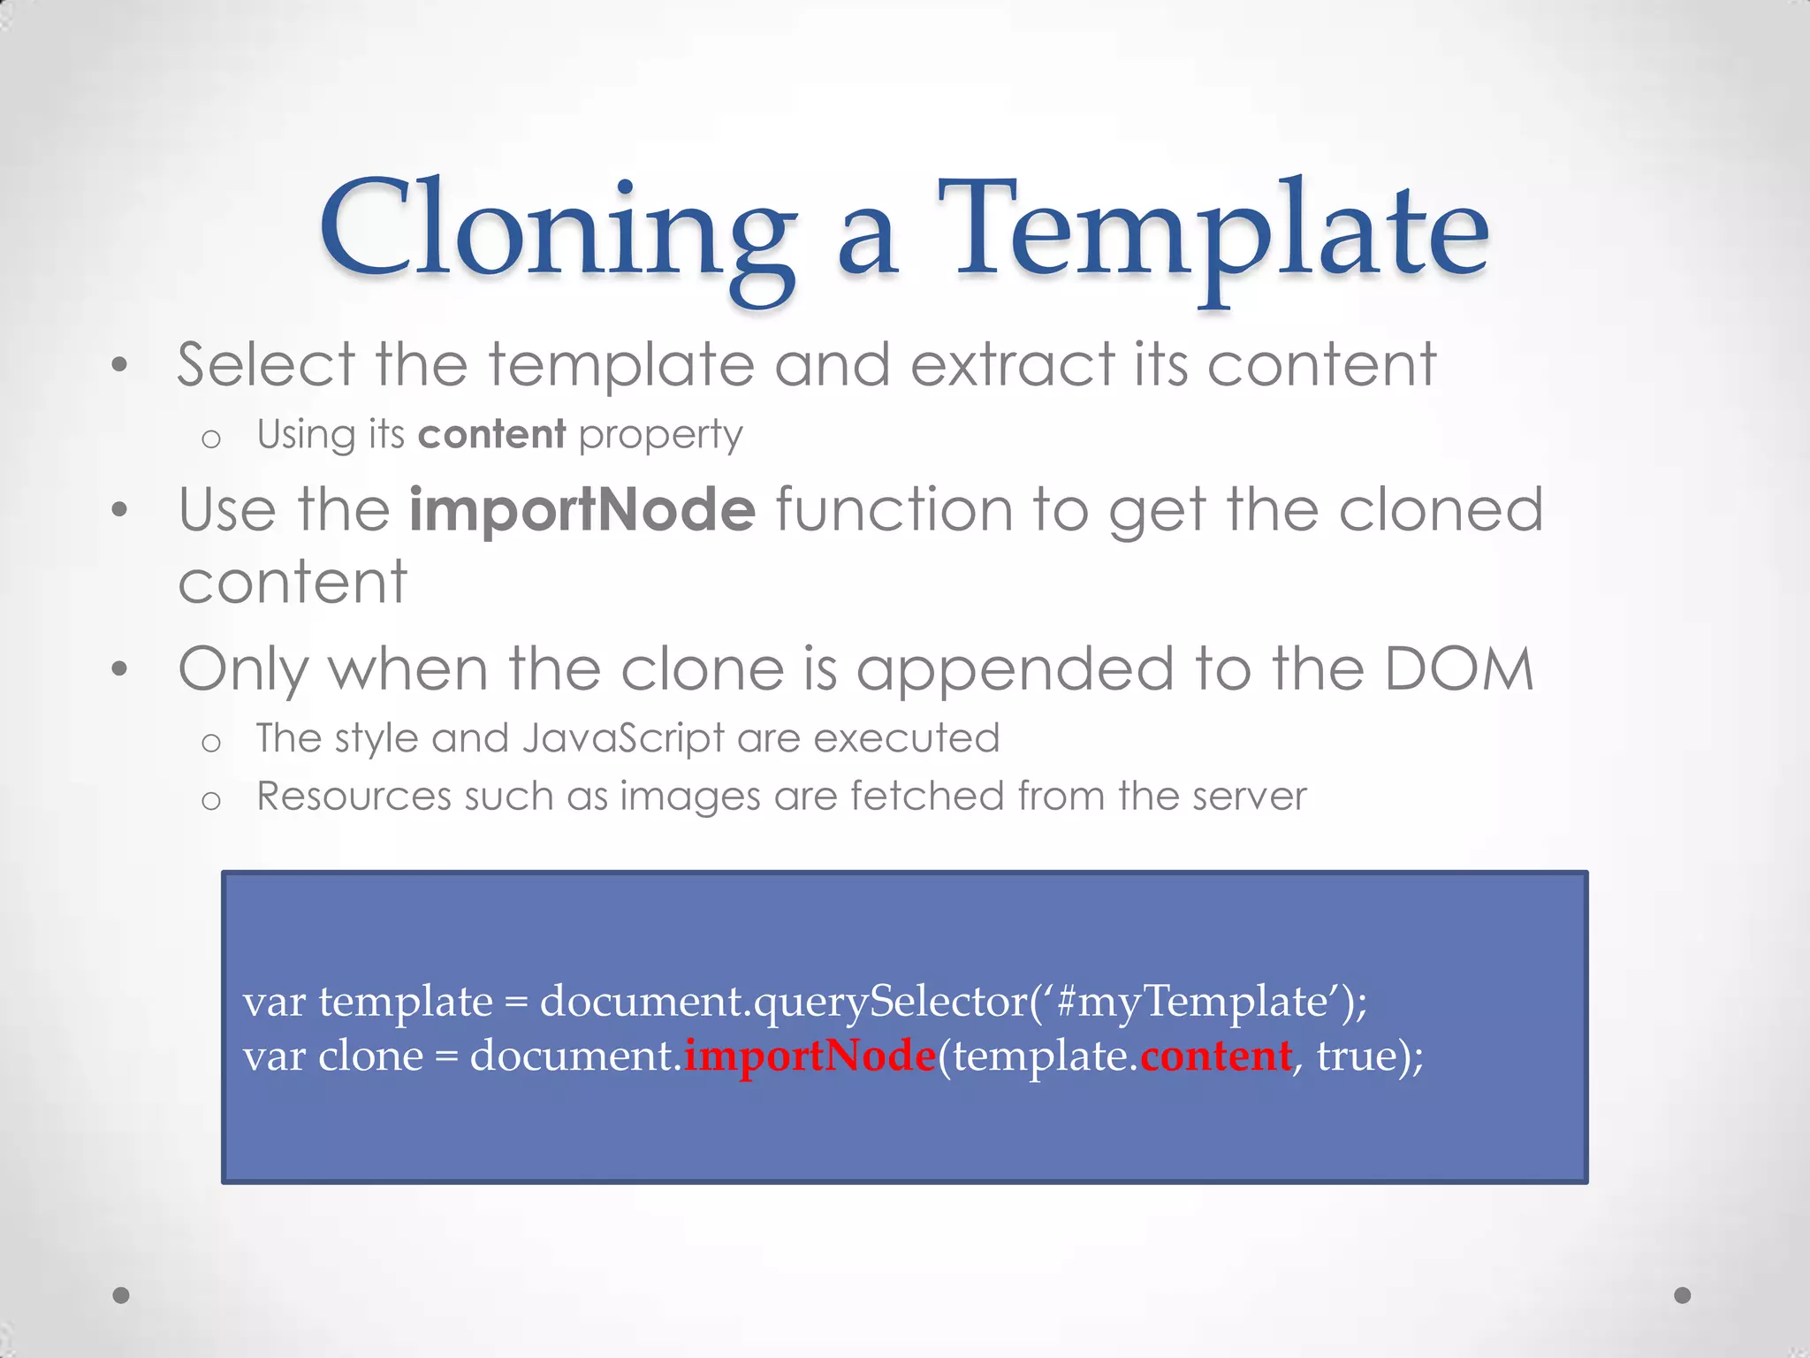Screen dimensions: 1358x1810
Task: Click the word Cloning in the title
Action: [557, 232]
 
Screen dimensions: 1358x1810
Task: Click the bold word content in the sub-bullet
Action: [491, 434]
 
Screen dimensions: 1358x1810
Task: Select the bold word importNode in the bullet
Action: [582, 510]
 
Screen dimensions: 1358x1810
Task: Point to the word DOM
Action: [1458, 669]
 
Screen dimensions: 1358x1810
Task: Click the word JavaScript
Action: [622, 738]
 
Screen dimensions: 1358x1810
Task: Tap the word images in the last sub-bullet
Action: [689, 797]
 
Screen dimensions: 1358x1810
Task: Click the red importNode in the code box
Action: [810, 1056]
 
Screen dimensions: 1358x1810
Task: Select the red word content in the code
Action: [1216, 1056]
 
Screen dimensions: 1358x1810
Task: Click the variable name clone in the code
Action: [370, 1056]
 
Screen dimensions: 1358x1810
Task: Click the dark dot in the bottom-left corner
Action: [121, 1295]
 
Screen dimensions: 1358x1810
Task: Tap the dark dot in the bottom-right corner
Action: [1683, 1295]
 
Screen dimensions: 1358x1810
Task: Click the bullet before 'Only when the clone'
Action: [120, 669]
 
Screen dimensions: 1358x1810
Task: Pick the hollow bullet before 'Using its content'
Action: [210, 439]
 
